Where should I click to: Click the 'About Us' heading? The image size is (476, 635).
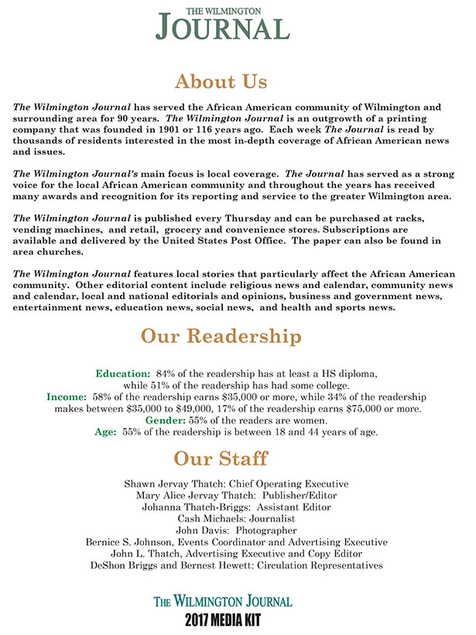click(x=221, y=81)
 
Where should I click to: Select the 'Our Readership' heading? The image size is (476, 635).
click(x=221, y=337)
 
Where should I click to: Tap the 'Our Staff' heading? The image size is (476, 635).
click(x=221, y=458)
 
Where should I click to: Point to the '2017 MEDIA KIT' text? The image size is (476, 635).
click(x=223, y=620)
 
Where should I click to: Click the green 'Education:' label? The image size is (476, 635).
click(x=122, y=373)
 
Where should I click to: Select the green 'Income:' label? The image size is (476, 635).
click(x=67, y=396)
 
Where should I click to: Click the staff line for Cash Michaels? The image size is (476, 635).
click(x=236, y=518)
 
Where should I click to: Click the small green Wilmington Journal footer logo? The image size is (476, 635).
click(x=223, y=601)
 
